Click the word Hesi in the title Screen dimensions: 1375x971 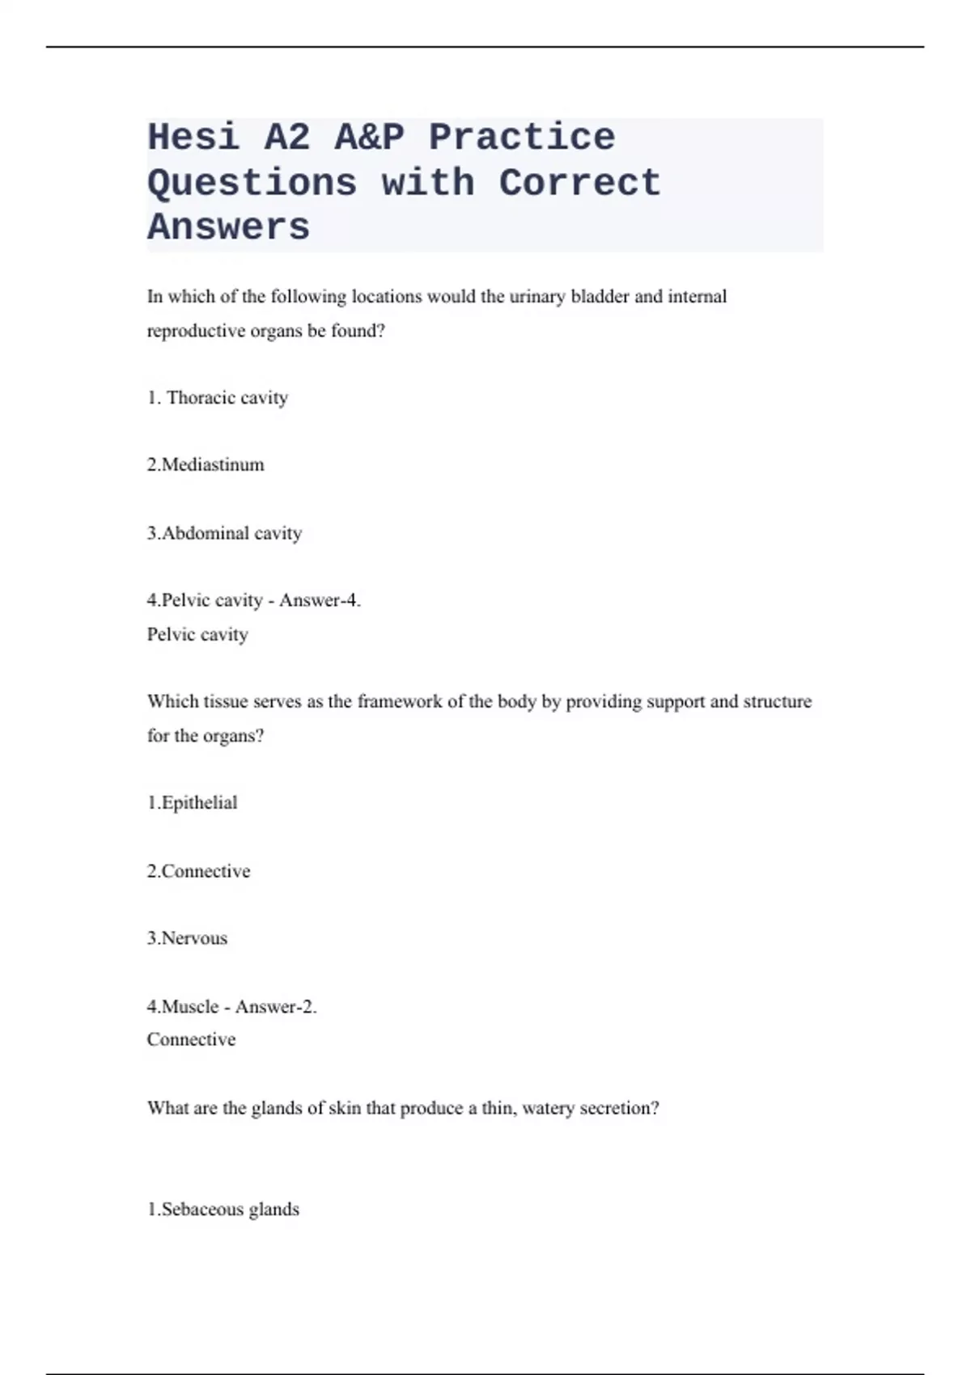(x=193, y=137)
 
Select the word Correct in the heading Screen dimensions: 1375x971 (x=579, y=183)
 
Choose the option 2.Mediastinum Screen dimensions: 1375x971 (x=206, y=465)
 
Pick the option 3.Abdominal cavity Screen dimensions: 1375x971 (x=224, y=533)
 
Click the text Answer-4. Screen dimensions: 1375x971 (x=320, y=600)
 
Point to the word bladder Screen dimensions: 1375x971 (x=600, y=297)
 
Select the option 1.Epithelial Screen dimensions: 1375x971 (x=192, y=803)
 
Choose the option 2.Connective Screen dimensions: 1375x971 (x=198, y=871)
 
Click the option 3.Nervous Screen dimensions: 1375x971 (x=187, y=938)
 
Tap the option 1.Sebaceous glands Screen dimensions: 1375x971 (x=223, y=1209)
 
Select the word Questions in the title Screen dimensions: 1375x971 (x=252, y=183)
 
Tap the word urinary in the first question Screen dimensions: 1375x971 (x=537, y=297)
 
